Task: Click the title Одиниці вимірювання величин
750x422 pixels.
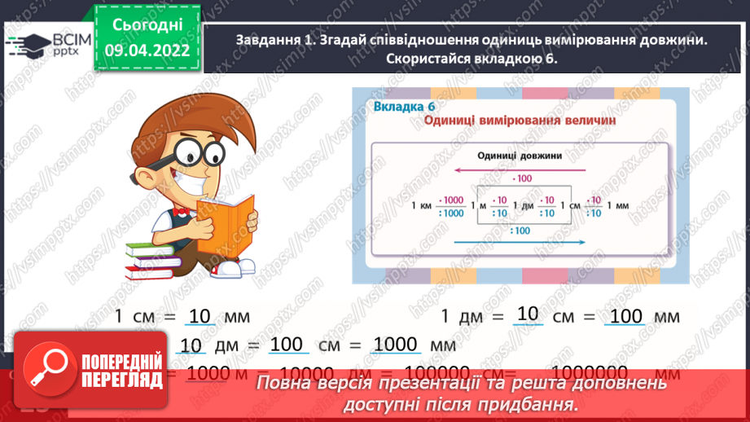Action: pos(519,121)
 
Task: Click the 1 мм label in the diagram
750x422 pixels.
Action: pos(621,206)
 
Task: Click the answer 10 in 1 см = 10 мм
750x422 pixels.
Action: pos(199,314)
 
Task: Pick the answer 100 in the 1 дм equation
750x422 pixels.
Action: pos(626,315)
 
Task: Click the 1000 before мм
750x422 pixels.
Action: pos(396,345)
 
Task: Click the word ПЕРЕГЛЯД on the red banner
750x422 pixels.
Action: pos(121,380)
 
